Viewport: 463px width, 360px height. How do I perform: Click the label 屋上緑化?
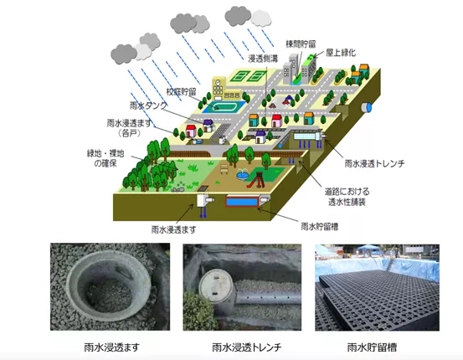(x=341, y=53)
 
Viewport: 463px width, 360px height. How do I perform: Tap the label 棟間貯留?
(x=301, y=44)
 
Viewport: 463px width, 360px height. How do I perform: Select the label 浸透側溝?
(x=263, y=59)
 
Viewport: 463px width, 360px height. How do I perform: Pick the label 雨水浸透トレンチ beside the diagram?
(x=374, y=163)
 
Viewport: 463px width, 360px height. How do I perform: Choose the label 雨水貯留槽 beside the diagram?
(x=320, y=227)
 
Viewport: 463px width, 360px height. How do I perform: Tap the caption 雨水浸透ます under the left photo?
(x=111, y=347)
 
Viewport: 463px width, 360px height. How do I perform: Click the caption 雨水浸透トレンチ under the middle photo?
(x=246, y=347)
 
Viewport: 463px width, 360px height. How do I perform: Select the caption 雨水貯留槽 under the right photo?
(x=372, y=347)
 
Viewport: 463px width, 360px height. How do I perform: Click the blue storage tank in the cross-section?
(x=242, y=202)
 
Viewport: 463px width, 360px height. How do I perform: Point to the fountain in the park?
(x=242, y=174)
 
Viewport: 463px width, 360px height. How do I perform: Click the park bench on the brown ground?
(x=224, y=169)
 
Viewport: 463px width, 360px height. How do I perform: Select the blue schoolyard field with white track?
(x=224, y=106)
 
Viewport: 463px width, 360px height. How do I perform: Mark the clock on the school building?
(x=218, y=82)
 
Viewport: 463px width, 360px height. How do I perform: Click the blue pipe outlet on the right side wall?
(x=367, y=107)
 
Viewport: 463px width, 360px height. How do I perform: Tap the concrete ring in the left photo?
(x=109, y=285)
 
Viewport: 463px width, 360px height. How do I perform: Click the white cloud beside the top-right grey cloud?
(x=261, y=18)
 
